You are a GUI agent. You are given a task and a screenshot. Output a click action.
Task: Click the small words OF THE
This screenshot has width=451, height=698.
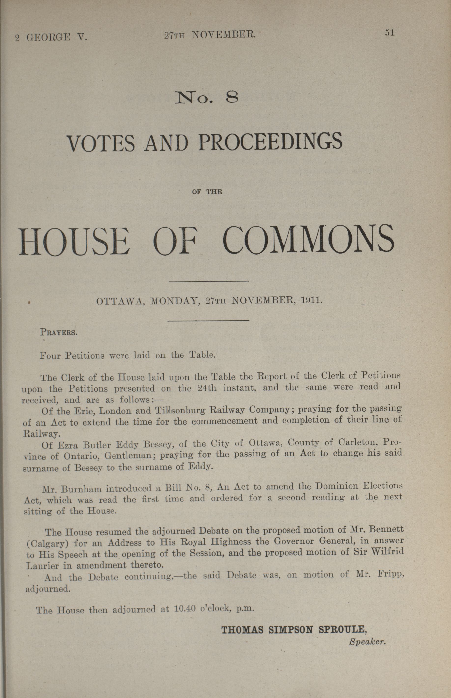(207, 192)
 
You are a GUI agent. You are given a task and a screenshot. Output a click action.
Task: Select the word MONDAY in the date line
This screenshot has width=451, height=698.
(175, 301)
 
